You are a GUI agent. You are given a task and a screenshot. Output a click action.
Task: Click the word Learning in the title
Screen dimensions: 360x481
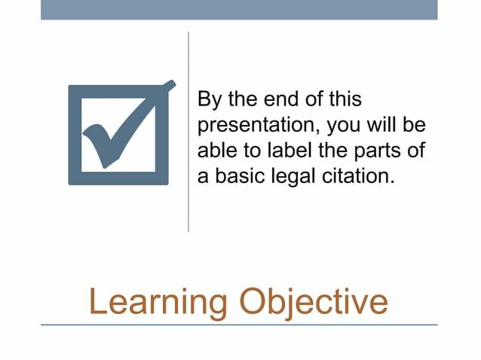coord(158,301)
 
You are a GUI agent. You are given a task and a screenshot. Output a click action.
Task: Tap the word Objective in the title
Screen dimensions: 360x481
coord(313,301)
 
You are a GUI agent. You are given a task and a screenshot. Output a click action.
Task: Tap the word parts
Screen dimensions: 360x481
coord(373,151)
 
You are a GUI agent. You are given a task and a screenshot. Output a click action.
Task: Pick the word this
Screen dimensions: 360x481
coord(345,99)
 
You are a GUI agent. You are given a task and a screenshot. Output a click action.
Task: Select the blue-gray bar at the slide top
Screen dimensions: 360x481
coord(239,9)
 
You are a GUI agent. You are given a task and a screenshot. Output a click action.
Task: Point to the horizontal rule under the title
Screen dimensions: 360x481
coord(239,325)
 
